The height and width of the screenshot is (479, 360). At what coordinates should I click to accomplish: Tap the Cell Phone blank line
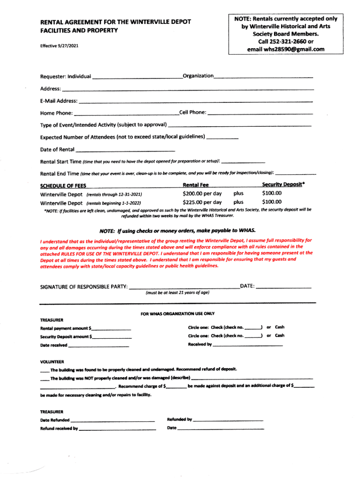coord(260,114)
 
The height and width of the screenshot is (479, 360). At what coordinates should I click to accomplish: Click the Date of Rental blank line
coord(125,151)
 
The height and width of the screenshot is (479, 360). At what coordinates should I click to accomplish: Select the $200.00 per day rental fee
coord(202,194)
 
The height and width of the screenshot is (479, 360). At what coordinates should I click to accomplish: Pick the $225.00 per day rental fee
coord(202,203)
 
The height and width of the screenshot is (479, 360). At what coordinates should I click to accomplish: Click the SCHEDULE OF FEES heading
coord(63,186)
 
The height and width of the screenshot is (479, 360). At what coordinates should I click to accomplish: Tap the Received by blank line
coord(248,345)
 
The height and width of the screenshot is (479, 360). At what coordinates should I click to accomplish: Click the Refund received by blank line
coord(117,429)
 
